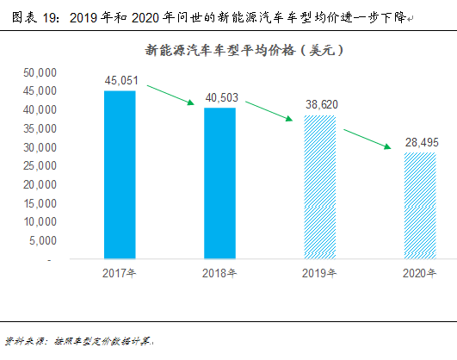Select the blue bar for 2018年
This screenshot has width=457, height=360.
[219, 183]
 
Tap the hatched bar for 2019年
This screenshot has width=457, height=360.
[320, 186]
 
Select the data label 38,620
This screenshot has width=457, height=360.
[320, 105]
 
